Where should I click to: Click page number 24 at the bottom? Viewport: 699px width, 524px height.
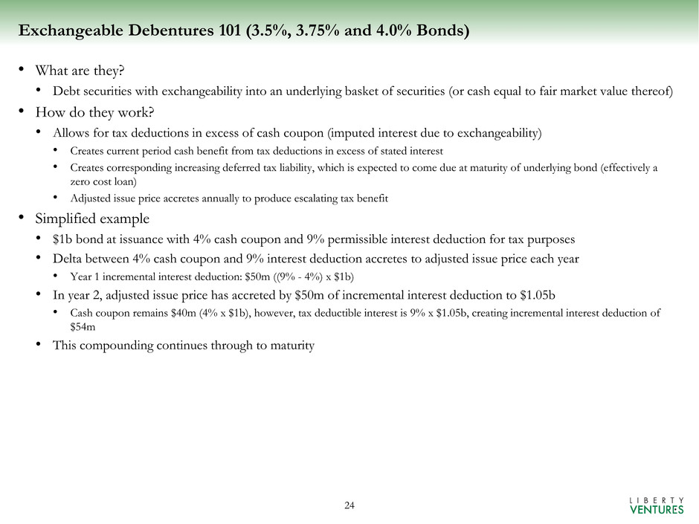[349, 506]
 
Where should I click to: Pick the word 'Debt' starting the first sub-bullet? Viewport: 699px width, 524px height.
[65, 91]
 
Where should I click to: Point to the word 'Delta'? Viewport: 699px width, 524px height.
[68, 259]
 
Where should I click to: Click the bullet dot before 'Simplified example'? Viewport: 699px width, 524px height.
[23, 219]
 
